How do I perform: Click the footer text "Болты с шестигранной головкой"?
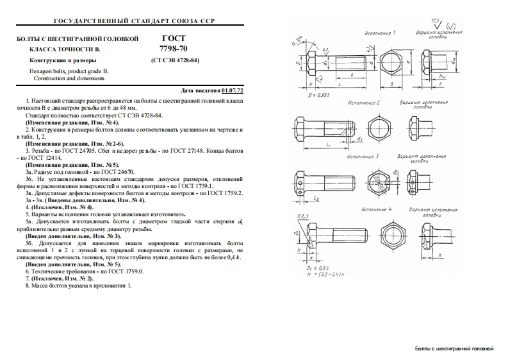coord(454,348)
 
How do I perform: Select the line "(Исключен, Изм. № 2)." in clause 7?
coord(61,278)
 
